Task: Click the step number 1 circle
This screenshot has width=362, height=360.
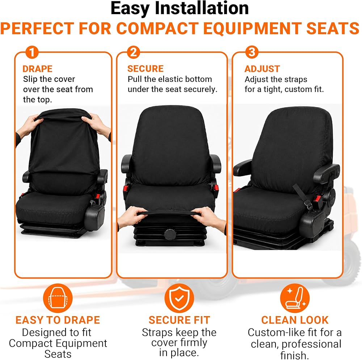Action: pyautogui.click(x=32, y=52)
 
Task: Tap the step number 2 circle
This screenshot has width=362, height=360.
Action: pyautogui.click(x=134, y=52)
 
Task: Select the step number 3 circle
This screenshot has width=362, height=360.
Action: pyautogui.click(x=252, y=52)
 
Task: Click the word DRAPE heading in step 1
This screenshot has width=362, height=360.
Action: pyautogui.click(x=37, y=69)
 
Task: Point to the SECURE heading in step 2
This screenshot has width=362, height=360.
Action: pyautogui.click(x=146, y=68)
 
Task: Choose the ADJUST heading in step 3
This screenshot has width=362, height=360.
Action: pyautogui.click(x=262, y=69)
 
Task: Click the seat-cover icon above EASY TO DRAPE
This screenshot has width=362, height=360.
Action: pyautogui.click(x=58, y=298)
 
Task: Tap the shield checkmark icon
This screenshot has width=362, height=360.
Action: pyautogui.click(x=179, y=298)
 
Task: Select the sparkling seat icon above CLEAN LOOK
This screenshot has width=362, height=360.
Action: pyautogui.click(x=295, y=298)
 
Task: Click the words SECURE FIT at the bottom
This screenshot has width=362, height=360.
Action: pyautogui.click(x=180, y=320)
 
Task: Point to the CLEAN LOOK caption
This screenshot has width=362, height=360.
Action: pyautogui.click(x=295, y=320)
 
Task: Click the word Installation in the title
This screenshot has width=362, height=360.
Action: pyautogui.click(x=202, y=8)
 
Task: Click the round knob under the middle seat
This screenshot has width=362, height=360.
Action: pyautogui.click(x=170, y=234)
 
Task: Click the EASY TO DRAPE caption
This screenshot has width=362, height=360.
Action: pyautogui.click(x=58, y=320)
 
